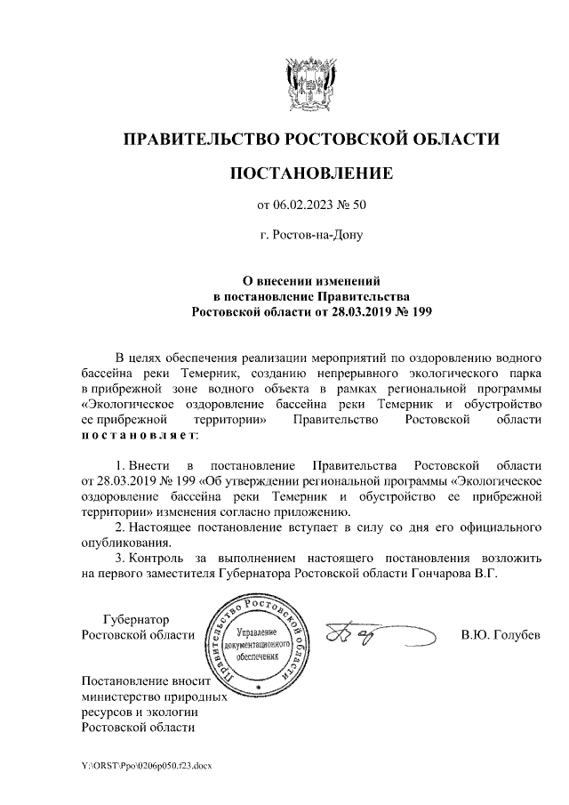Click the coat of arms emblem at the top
tap(310, 86)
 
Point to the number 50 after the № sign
tap(358, 205)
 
